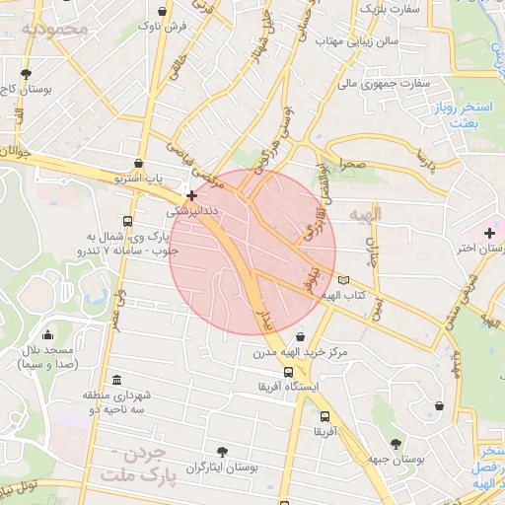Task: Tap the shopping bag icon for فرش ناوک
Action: [160, 13]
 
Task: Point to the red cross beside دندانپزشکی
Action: [191, 196]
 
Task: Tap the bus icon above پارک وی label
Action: [126, 221]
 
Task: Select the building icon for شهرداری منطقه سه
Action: [117, 381]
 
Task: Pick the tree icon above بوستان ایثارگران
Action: [223, 452]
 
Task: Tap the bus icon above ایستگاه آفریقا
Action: [288, 373]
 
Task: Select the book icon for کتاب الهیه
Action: [342, 281]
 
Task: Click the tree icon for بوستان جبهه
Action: [396, 445]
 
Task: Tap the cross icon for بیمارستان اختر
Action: [489, 233]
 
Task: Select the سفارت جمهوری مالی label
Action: [384, 84]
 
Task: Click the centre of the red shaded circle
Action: [253, 252]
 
